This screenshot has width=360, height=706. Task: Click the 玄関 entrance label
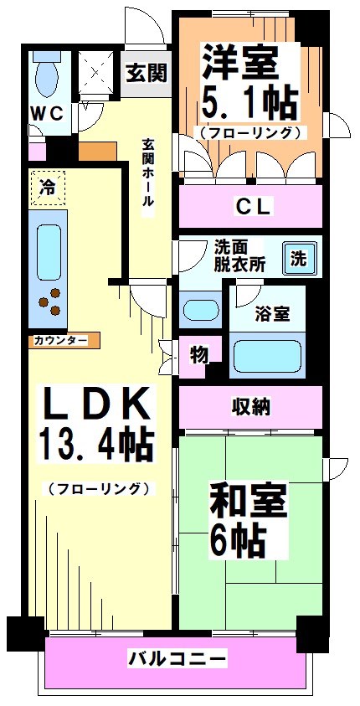(146, 73)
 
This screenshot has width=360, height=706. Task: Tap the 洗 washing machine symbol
(299, 259)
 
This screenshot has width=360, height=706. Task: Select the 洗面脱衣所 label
(239, 255)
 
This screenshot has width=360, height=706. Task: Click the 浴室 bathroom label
(273, 314)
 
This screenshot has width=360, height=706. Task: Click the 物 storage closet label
(198, 355)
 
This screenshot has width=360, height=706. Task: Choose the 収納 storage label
(251, 407)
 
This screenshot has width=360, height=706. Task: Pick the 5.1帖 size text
(249, 103)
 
